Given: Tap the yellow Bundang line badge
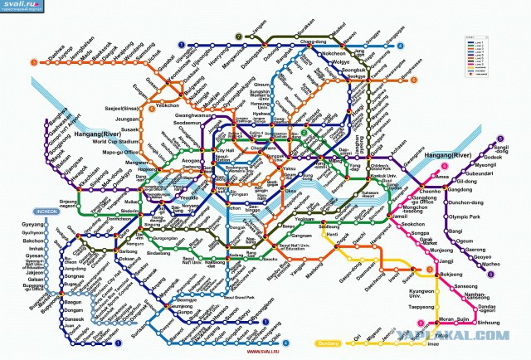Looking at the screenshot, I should [x=329, y=342].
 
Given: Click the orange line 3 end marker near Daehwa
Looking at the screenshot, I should [x=32, y=61].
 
